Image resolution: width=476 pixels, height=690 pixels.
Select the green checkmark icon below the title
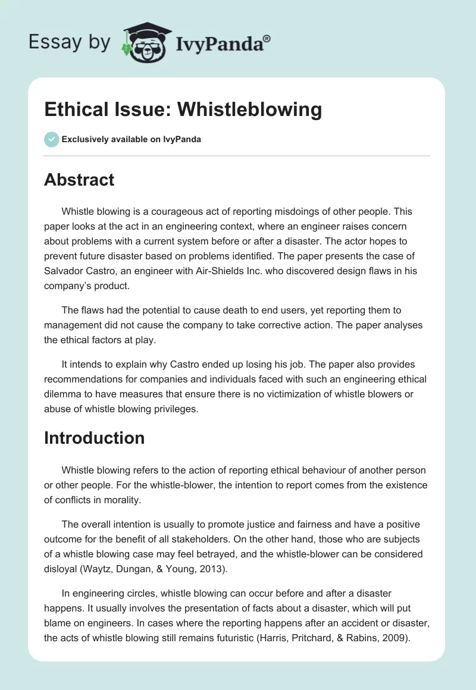click(x=51, y=139)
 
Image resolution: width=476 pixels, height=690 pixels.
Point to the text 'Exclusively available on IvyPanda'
click(x=131, y=139)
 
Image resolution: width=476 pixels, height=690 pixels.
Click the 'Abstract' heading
click(x=79, y=180)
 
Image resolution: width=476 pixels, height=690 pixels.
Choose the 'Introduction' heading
click(x=94, y=438)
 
